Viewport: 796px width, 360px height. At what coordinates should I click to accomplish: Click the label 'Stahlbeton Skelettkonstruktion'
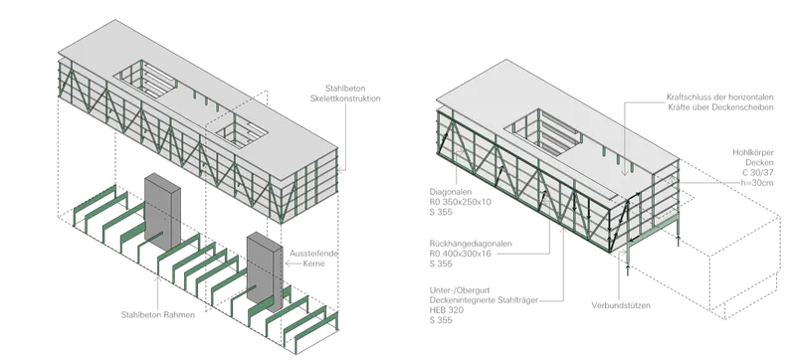click(x=345, y=93)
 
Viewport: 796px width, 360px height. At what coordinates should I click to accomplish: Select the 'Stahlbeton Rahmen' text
click(x=158, y=315)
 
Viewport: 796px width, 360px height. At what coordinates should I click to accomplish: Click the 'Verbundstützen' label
click(x=621, y=305)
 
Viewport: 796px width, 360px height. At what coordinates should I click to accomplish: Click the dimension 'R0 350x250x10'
click(x=461, y=202)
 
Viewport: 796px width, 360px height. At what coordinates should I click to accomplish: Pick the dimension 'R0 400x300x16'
click(x=461, y=254)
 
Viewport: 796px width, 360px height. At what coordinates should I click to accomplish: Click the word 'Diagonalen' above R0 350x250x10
click(x=451, y=192)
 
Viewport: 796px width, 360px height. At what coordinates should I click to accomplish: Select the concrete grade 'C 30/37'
click(x=759, y=172)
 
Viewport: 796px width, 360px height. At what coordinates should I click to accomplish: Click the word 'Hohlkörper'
click(x=753, y=152)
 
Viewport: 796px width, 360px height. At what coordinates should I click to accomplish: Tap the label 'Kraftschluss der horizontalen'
click(x=720, y=96)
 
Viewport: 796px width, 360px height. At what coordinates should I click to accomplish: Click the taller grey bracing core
click(x=162, y=212)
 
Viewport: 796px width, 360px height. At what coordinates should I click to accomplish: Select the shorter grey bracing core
click(x=265, y=271)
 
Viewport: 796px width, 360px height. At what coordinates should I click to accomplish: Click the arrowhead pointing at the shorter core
click(x=288, y=264)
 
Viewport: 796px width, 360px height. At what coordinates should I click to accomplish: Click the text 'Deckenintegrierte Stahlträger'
click(x=484, y=300)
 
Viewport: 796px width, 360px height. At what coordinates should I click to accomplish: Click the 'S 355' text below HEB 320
click(x=441, y=320)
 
